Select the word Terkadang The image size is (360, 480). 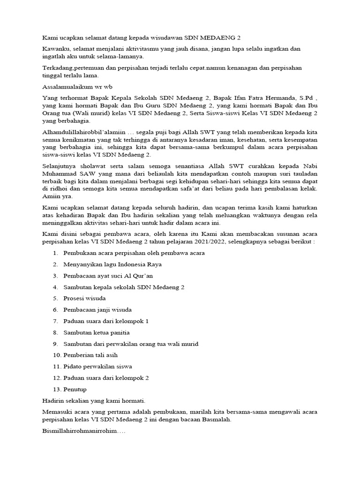click(58, 68)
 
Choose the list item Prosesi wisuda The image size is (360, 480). click(85, 298)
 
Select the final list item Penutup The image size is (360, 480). click(75, 389)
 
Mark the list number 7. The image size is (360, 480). click(55, 321)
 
